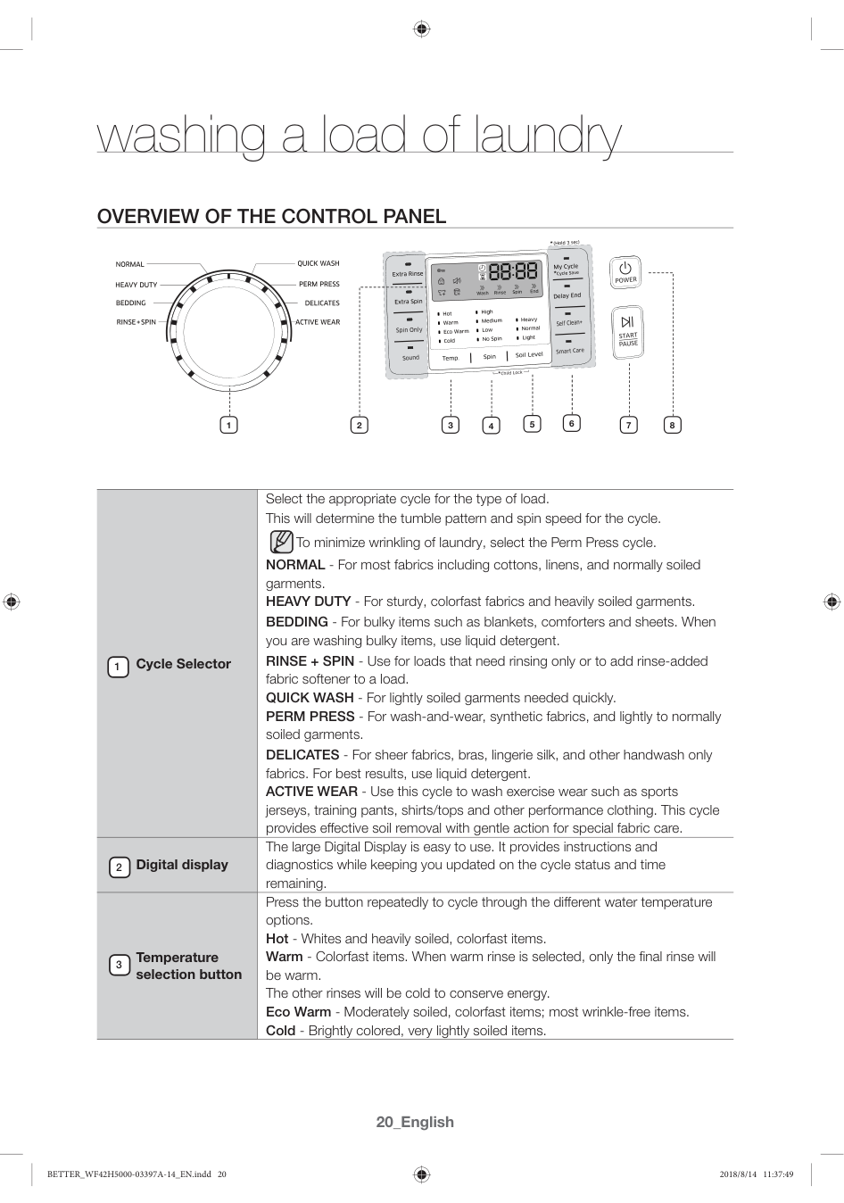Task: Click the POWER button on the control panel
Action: (625, 271)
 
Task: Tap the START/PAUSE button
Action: (628, 332)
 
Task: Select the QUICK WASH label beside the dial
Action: (319, 263)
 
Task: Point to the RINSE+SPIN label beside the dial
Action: (136, 322)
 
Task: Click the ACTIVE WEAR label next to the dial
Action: (318, 322)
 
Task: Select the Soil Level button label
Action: (529, 355)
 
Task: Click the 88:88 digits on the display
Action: (513, 272)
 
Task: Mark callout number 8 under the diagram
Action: (672, 425)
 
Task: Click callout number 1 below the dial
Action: (228, 425)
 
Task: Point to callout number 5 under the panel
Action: (532, 424)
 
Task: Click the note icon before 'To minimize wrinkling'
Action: (281, 542)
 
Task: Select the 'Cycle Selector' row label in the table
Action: (183, 664)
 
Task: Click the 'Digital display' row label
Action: (181, 865)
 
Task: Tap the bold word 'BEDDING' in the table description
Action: (297, 622)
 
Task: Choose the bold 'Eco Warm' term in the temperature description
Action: (298, 1012)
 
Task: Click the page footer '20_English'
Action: (415, 1122)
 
